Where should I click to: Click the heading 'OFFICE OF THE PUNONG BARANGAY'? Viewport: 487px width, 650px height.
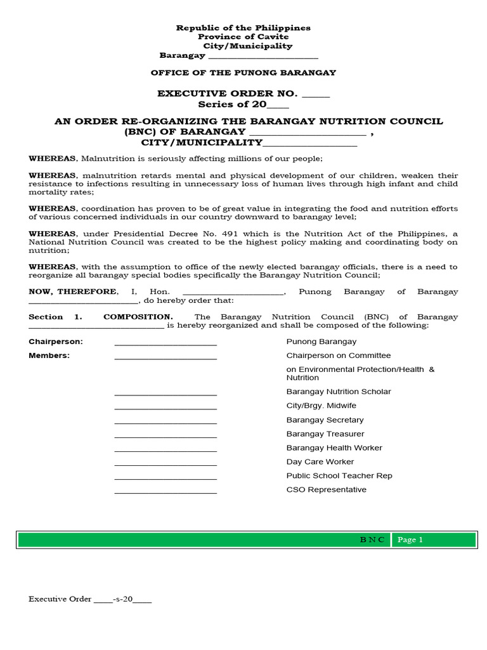pyautogui.click(x=243, y=73)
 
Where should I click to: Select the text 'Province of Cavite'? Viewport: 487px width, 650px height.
pyautogui.click(x=243, y=37)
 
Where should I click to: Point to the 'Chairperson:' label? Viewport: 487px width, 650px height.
pyautogui.click(x=56, y=342)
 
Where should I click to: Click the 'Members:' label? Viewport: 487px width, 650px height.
pyautogui.click(x=49, y=355)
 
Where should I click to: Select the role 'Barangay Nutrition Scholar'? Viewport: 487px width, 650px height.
pyautogui.click(x=339, y=392)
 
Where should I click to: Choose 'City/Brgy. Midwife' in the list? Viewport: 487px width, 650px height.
pyautogui.click(x=321, y=406)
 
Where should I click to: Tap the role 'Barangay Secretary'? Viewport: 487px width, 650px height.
pyautogui.click(x=325, y=420)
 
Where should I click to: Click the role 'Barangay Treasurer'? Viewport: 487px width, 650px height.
pyautogui.click(x=325, y=434)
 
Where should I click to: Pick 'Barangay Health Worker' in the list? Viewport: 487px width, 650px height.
pyautogui.click(x=334, y=448)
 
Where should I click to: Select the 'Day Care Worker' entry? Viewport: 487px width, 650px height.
pyautogui.click(x=320, y=461)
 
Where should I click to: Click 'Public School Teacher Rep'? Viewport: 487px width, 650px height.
pyautogui.click(x=339, y=475)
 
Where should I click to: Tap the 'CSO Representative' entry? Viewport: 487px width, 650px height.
pyautogui.click(x=326, y=489)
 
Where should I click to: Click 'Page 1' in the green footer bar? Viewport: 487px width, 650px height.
pyautogui.click(x=410, y=540)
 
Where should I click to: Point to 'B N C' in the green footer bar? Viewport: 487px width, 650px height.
pyautogui.click(x=372, y=540)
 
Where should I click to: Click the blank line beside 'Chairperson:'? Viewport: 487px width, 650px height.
pyautogui.click(x=166, y=343)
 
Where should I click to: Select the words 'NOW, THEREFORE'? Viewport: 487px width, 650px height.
pyautogui.click(x=73, y=291)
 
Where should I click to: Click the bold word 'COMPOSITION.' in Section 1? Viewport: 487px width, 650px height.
pyautogui.click(x=138, y=317)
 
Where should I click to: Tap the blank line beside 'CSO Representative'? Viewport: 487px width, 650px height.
pyautogui.click(x=166, y=491)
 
